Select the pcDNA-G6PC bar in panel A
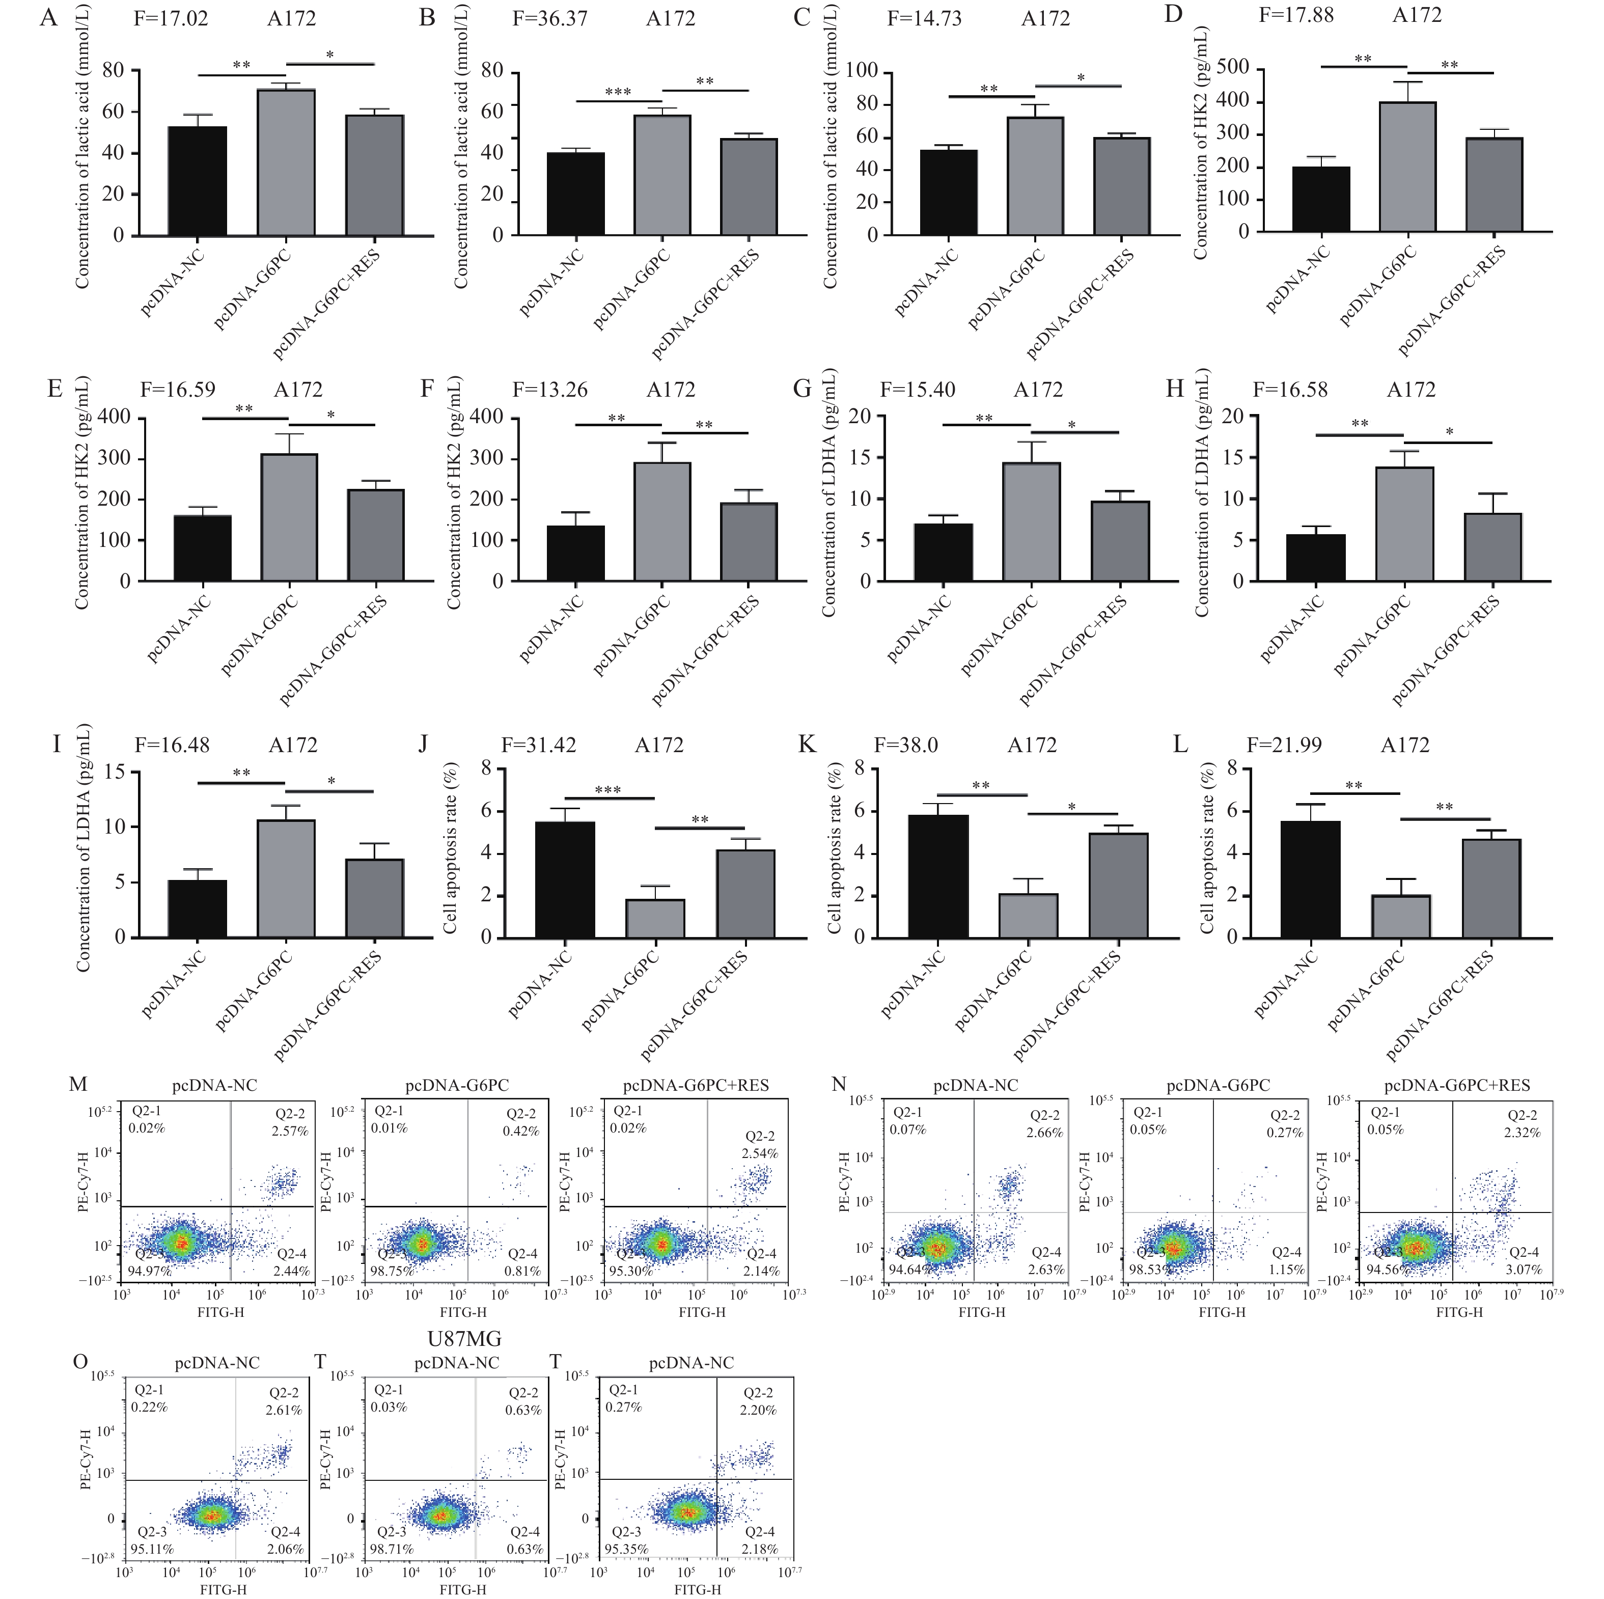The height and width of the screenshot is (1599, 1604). (x=286, y=162)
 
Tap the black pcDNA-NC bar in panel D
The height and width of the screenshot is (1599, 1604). (x=1321, y=199)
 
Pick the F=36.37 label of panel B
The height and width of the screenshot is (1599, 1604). (x=549, y=18)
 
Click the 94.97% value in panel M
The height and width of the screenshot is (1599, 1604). (x=149, y=1271)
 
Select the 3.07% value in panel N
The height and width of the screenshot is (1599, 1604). (x=1524, y=1270)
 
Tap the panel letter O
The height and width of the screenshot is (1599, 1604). (x=80, y=1362)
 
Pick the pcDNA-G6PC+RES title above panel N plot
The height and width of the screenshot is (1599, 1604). (x=1456, y=1085)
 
